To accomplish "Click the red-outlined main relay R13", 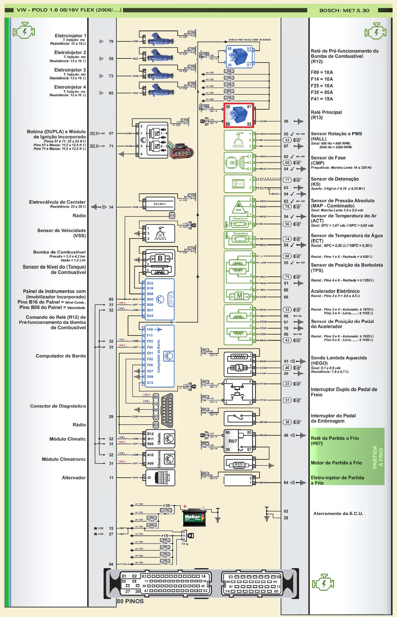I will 239,115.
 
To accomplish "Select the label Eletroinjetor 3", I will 70,70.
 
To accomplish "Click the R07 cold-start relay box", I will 238,441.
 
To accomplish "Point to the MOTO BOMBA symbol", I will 239,465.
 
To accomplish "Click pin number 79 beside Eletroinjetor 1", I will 111,41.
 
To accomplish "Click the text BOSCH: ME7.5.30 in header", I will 344,10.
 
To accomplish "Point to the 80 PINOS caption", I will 130,601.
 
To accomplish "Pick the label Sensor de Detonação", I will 335,179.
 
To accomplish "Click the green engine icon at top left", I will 24,31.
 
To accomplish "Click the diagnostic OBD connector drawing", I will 167,411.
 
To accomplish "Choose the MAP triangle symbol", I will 239,206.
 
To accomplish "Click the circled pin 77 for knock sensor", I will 287,180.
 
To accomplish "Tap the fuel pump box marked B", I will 160,258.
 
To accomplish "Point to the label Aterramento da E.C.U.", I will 338,514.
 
